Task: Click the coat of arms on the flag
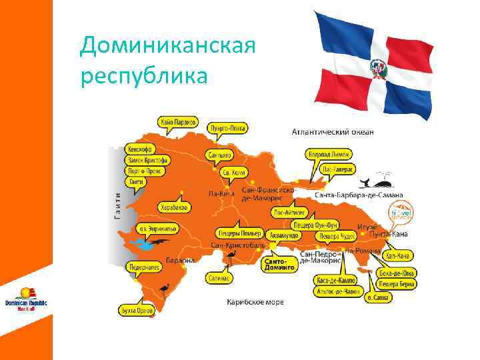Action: (x=377, y=67)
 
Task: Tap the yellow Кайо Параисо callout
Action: (x=178, y=122)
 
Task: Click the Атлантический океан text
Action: (x=333, y=132)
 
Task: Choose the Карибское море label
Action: (x=255, y=302)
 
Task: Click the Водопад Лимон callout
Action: (x=326, y=155)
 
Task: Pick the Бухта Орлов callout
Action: (x=136, y=310)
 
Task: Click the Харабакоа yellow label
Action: (x=174, y=208)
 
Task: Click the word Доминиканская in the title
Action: (x=167, y=46)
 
